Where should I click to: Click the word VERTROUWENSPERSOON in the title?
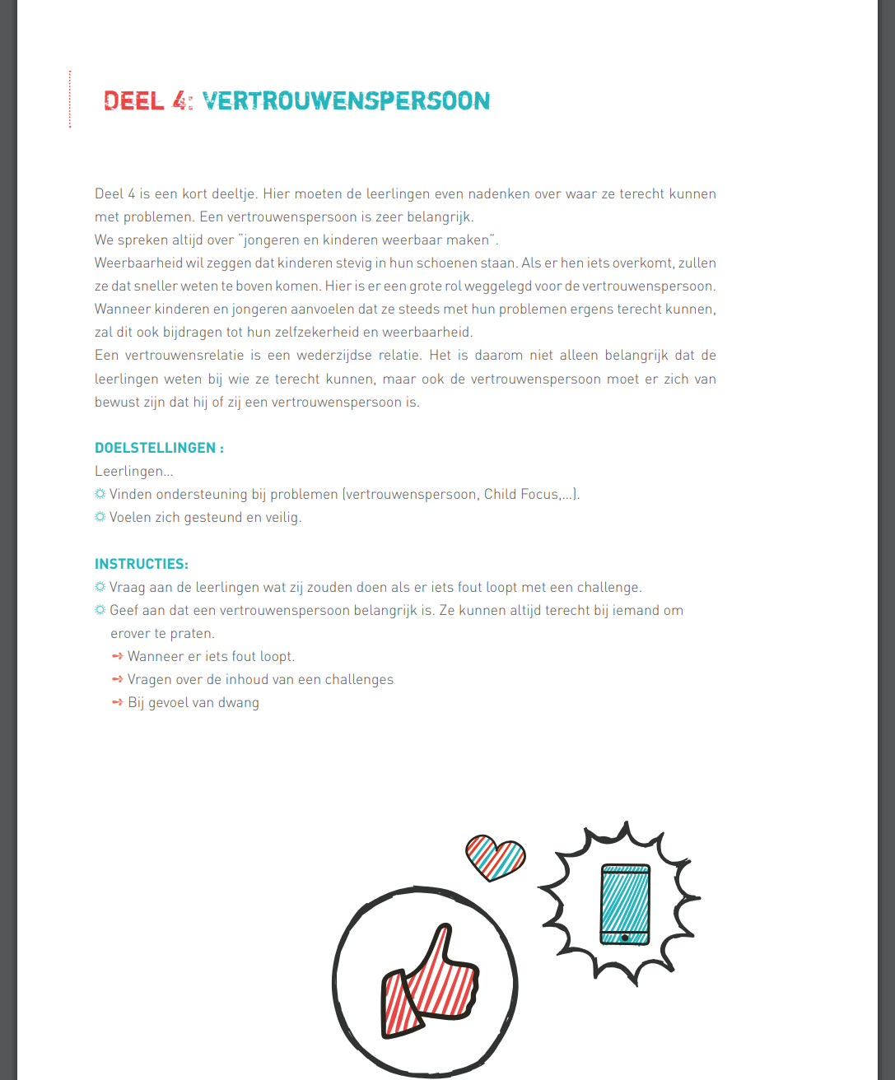(x=346, y=100)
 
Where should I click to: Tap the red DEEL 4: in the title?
(x=148, y=100)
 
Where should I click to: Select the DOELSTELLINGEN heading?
(x=156, y=448)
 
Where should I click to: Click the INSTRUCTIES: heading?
(x=142, y=564)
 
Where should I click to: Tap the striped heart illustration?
(x=495, y=856)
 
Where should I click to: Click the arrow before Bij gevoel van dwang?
(x=117, y=702)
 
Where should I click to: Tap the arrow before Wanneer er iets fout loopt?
(x=117, y=656)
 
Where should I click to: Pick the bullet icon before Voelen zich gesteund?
(x=100, y=517)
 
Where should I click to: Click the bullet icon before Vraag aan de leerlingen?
(x=100, y=587)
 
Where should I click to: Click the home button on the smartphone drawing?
(x=625, y=938)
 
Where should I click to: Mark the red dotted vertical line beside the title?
(x=70, y=99)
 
